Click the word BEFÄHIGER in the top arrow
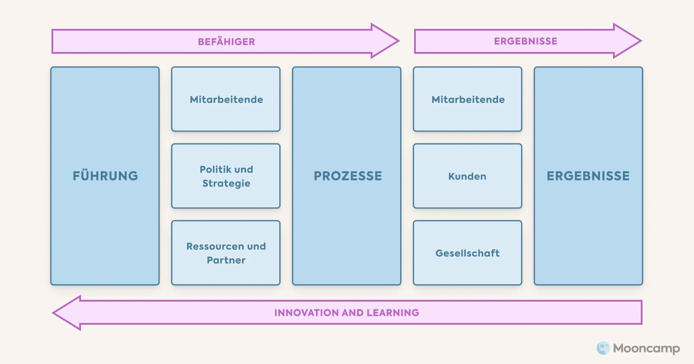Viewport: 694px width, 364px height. (x=226, y=42)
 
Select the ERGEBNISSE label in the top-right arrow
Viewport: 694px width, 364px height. (x=525, y=41)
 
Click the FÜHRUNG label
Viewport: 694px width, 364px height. (x=105, y=176)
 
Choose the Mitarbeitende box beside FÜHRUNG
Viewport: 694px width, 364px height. (x=226, y=99)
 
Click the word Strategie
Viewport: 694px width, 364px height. (x=226, y=183)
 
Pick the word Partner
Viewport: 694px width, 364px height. (x=226, y=260)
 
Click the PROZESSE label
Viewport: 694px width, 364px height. (x=348, y=176)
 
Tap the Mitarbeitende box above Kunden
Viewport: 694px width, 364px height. (x=468, y=99)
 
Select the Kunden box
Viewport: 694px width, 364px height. (x=467, y=176)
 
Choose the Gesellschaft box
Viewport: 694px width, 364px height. (x=467, y=253)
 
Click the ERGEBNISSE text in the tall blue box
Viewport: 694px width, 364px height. (x=588, y=176)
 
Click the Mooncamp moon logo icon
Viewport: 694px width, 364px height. (x=603, y=348)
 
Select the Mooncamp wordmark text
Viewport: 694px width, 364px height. (x=647, y=348)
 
